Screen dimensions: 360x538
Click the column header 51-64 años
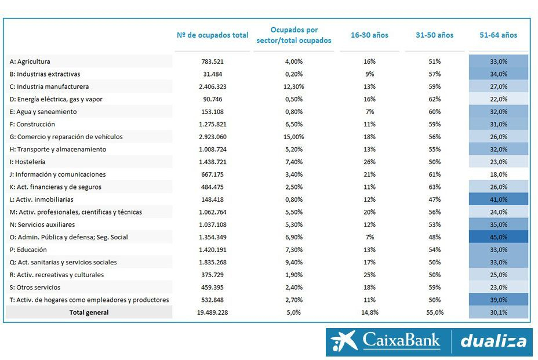pyautogui.click(x=499, y=35)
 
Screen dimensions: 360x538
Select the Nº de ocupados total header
pyautogui.click(x=212, y=35)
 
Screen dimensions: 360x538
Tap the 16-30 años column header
pyautogui.click(x=369, y=35)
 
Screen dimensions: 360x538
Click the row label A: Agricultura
pyautogui.click(x=30, y=61)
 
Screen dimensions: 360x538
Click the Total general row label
pyautogui.click(x=89, y=312)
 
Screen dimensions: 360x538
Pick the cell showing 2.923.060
pyautogui.click(x=212, y=137)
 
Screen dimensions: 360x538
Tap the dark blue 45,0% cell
pyautogui.click(x=499, y=237)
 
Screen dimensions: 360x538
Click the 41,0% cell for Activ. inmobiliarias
pyautogui.click(x=499, y=199)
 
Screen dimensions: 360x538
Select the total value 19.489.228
pyautogui.click(x=212, y=312)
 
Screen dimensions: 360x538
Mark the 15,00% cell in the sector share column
pyautogui.click(x=294, y=137)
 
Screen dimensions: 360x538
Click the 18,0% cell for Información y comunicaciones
pyautogui.click(x=499, y=174)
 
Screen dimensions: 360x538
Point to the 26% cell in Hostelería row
pyautogui.click(x=369, y=162)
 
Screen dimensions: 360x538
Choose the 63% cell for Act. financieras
pyautogui.click(x=434, y=187)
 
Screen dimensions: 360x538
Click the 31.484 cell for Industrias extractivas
pyautogui.click(x=212, y=74)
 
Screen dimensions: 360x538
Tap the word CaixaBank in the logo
pyautogui.click(x=401, y=341)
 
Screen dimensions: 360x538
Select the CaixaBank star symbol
pyautogui.click(x=345, y=341)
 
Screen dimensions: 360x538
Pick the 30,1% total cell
pyautogui.click(x=499, y=312)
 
